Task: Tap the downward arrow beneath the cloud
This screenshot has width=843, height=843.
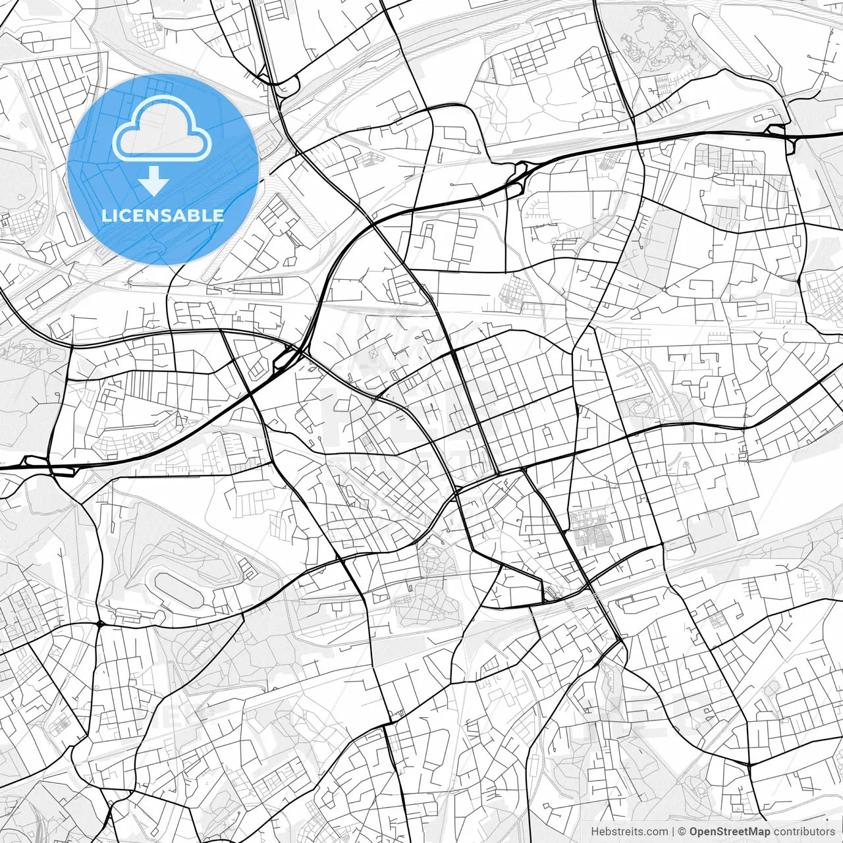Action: (153, 181)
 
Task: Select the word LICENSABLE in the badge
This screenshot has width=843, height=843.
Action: (162, 215)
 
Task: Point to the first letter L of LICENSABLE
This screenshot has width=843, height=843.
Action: (105, 215)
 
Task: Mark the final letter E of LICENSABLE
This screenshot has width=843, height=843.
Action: (219, 215)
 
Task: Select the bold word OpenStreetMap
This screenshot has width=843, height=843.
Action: (730, 832)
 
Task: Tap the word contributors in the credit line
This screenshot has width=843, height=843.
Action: (804, 832)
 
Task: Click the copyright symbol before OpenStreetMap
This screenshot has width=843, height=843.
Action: (682, 832)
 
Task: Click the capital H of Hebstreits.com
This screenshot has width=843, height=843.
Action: (595, 832)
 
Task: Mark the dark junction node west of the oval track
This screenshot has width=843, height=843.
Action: (99, 623)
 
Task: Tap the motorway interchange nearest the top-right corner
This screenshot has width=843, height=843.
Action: (777, 130)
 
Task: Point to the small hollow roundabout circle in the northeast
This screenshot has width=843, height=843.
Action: (665, 289)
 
